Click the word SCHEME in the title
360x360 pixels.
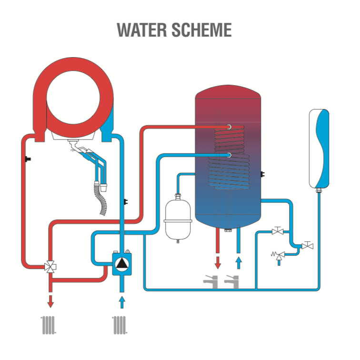201,30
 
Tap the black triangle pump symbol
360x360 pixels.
122,264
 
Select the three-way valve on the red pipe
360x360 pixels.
50,267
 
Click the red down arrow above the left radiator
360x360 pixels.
50,301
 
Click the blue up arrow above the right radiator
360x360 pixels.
122,302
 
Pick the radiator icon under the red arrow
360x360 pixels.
49,325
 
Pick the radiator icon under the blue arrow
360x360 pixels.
120,325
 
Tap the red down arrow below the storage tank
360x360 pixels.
218,263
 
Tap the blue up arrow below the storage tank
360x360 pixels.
239,263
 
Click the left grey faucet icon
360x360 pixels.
210,282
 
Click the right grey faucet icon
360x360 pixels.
231,282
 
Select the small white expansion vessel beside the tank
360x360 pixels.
178,219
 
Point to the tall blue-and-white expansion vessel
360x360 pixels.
319,149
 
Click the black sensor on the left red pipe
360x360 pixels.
28,159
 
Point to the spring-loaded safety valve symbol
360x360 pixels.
278,256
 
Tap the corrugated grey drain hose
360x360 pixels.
101,199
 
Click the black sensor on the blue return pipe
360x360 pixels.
125,202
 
